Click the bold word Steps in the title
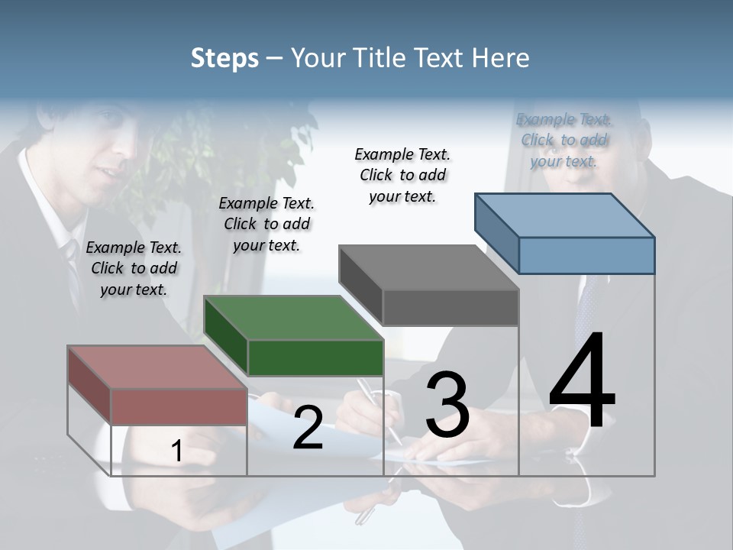(x=224, y=58)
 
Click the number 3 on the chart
(x=447, y=405)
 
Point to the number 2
(x=308, y=428)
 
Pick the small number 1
(x=177, y=451)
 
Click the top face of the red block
(x=157, y=367)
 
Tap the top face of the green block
(x=293, y=317)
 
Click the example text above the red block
(x=134, y=268)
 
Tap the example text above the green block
(x=266, y=224)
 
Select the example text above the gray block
(x=402, y=175)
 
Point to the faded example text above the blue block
(x=563, y=140)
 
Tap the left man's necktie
(x=73, y=267)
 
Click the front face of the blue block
(x=586, y=255)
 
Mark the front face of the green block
(x=315, y=358)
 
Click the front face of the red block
(x=179, y=407)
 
